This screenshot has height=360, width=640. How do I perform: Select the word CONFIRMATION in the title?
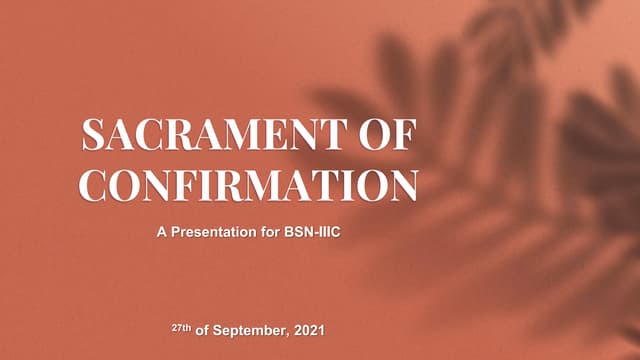tap(248, 185)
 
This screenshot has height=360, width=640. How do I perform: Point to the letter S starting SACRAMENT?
tap(92, 136)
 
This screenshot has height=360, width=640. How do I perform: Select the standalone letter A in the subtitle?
tap(161, 233)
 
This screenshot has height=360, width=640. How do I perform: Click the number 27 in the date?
tap(176, 328)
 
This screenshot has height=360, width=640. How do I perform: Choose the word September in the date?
tap(247, 329)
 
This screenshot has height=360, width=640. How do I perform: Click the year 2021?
tap(307, 328)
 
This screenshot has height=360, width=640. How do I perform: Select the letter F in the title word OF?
tap(403, 136)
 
